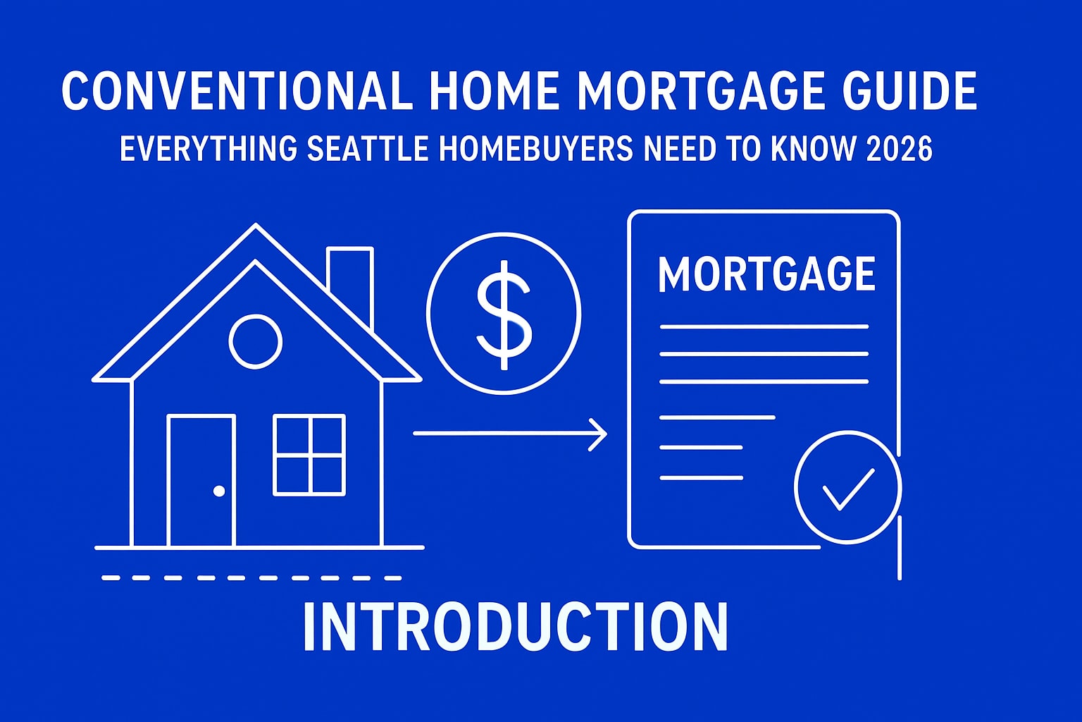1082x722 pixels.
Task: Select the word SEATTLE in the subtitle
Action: click(368, 150)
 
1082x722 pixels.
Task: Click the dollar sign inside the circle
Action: click(504, 314)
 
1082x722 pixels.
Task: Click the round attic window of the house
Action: click(255, 341)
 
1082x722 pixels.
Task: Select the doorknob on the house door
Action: click(219, 491)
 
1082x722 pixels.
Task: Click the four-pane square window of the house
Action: click(309, 455)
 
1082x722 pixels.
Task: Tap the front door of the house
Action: click(201, 479)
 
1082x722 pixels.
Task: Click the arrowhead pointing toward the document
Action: click(599, 434)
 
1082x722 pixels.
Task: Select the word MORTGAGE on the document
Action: click(766, 274)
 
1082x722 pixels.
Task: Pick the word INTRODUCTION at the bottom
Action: click(515, 628)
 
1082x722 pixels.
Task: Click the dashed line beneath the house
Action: click(251, 577)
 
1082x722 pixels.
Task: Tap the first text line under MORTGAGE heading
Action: click(764, 326)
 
